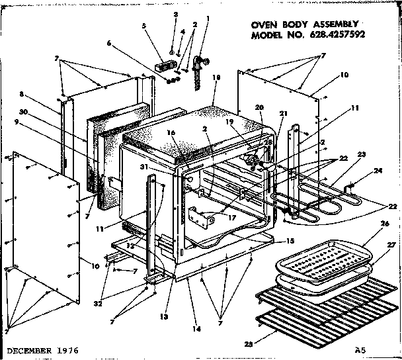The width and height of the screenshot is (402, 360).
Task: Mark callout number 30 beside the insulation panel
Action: click(40, 112)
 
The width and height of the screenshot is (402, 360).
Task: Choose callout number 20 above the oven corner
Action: click(259, 107)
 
